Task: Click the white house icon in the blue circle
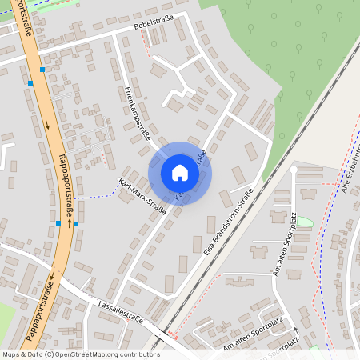179,173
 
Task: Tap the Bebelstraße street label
155,26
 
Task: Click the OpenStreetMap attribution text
80,354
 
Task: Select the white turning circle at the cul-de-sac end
295,170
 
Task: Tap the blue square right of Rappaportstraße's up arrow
75,224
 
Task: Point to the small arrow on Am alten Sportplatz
295,328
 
